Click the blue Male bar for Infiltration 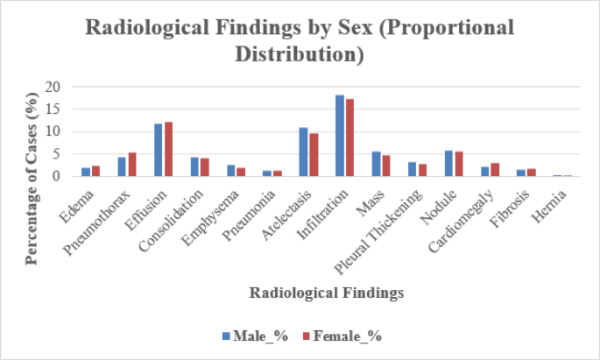click(339, 136)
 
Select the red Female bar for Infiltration click(349, 138)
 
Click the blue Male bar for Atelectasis click(303, 152)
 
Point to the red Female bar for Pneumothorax click(132, 165)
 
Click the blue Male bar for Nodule click(448, 164)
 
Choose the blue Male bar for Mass click(376, 164)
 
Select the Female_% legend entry click(337, 335)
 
